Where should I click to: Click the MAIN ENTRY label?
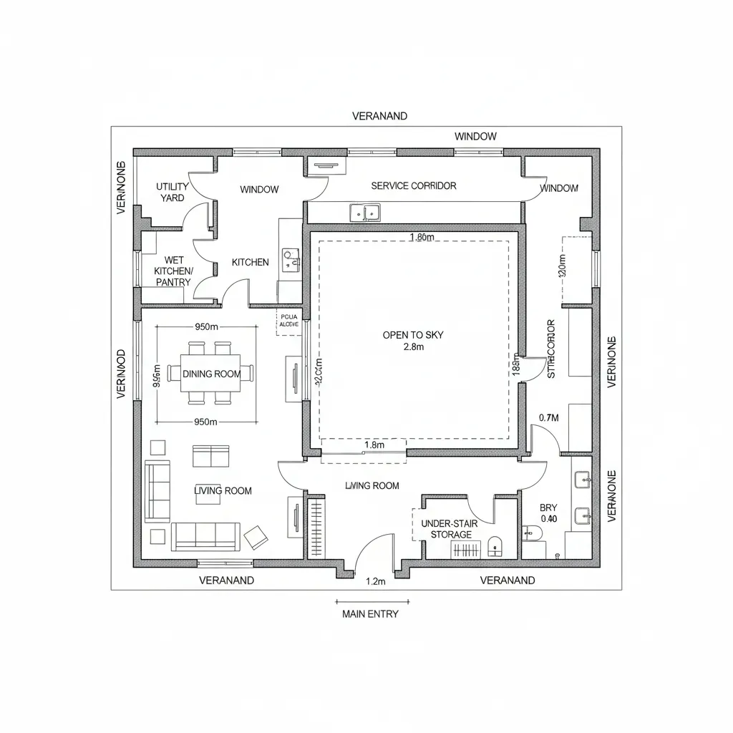pos(370,613)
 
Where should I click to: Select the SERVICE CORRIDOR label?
pos(413,185)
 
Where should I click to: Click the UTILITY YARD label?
pos(173,192)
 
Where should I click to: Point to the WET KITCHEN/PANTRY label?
pos(173,271)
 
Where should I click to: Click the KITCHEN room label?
pos(251,262)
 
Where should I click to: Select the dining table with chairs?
pos(210,373)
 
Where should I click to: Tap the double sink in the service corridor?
pos(365,212)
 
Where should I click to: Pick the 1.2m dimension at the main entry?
pos(375,581)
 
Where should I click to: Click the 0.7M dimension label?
pos(548,417)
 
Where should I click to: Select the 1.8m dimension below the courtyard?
pos(374,445)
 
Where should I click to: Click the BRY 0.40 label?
pos(548,513)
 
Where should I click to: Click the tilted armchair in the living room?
pos(256,535)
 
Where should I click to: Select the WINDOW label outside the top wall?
pos(475,136)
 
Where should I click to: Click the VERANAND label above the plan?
pos(379,115)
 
